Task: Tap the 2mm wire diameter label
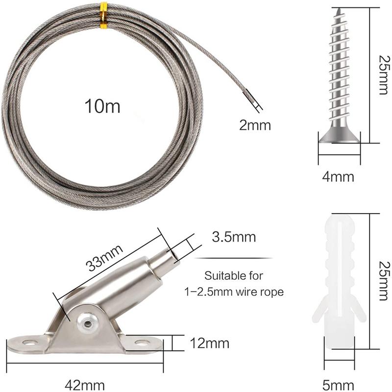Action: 255,125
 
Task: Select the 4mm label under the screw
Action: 339,175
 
